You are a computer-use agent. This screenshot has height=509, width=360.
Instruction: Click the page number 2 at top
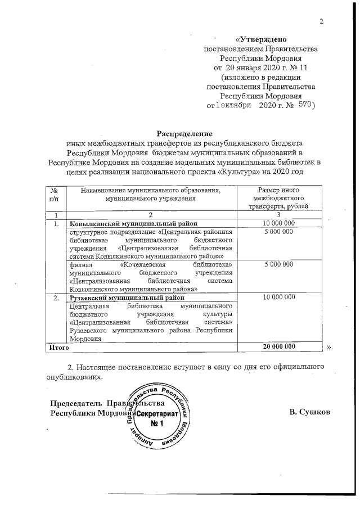(322, 22)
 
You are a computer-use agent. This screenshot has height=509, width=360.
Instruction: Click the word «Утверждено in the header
(262, 40)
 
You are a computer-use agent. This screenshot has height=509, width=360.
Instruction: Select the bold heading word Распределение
(184, 134)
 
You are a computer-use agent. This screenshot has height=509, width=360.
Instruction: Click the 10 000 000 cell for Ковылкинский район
(279, 224)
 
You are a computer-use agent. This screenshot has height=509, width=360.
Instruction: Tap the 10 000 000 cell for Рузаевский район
(279, 297)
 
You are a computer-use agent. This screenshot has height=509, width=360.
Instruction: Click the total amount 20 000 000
(279, 349)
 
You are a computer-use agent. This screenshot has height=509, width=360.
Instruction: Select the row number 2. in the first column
(55, 297)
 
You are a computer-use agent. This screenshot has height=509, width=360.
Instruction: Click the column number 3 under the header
(279, 215)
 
